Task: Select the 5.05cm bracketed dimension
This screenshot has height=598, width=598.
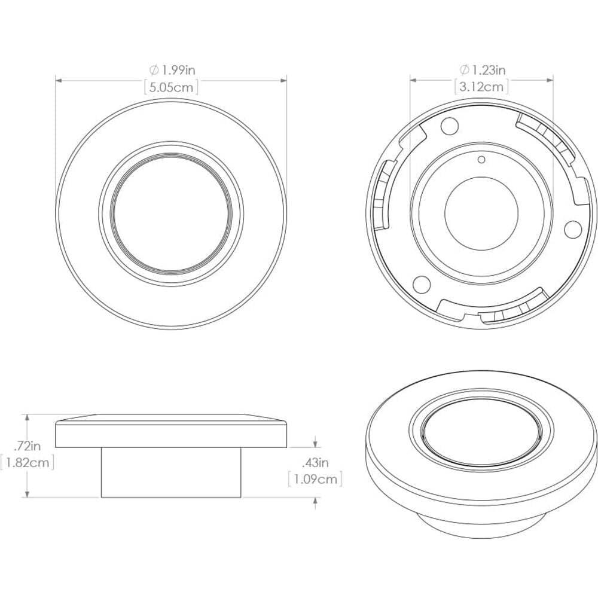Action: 171,87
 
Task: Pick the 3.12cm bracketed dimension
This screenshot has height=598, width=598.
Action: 481,87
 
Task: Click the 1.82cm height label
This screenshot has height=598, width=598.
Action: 27,462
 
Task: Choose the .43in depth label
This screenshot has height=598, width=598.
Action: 315,463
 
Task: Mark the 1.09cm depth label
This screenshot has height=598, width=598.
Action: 315,480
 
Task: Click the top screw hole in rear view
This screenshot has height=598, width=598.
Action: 449,126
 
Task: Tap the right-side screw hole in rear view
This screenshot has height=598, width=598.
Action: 573,228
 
